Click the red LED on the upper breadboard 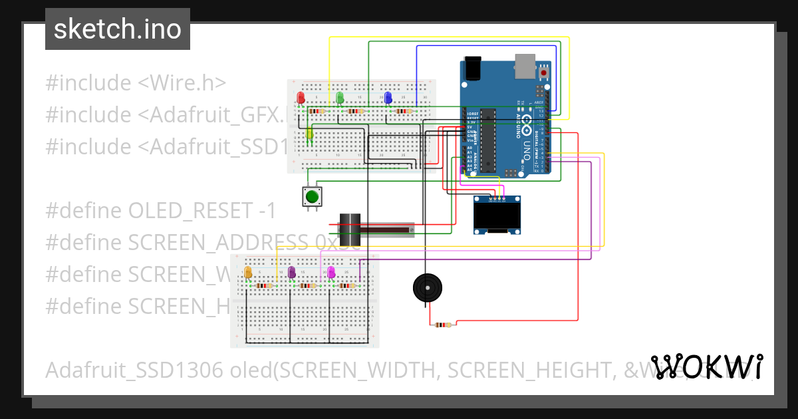pos(301,98)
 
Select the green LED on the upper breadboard pos(340,98)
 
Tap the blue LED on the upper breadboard pos(388,98)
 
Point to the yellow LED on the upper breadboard pos(309,134)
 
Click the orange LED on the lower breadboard pos(248,272)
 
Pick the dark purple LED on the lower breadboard pos(291,272)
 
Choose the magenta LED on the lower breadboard pos(331,272)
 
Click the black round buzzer pos(426,288)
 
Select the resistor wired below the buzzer pos(442,325)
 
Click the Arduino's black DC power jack pos(473,68)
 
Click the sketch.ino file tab pos(118,29)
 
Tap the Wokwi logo pos(707,366)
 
